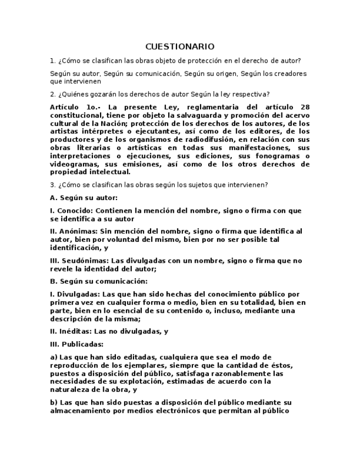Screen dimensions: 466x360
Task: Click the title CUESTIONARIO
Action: [180, 47]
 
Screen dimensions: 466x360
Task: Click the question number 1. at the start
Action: [52, 61]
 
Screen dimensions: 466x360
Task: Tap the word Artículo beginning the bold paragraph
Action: [64, 107]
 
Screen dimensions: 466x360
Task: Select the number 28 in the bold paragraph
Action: [305, 107]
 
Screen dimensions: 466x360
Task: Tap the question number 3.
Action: [52, 185]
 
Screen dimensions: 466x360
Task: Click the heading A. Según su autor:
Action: [84, 198]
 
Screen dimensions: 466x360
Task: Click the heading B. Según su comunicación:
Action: [98, 281]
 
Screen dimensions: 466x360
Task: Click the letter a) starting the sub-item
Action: [53, 357]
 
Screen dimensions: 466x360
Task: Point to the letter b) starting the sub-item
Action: [53, 402]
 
